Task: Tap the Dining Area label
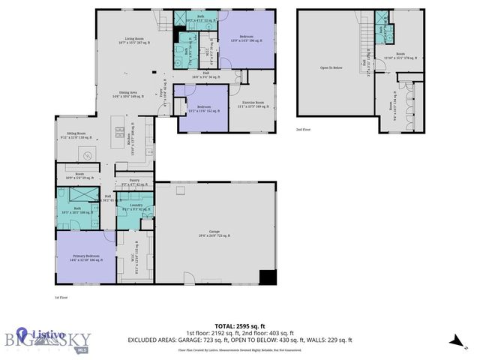(126, 94)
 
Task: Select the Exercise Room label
(253, 104)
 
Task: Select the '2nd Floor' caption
(304, 129)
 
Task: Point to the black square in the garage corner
(266, 277)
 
